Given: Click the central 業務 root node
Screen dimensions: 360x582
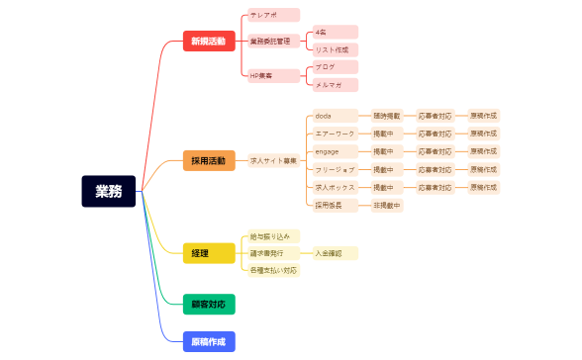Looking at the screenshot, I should coord(108,191).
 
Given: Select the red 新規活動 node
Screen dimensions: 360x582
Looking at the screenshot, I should coord(208,42).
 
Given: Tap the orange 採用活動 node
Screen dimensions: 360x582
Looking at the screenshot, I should coord(208,160).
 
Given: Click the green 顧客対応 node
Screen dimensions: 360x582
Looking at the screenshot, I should coord(208,304).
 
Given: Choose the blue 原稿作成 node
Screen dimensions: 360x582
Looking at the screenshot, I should coord(208,341).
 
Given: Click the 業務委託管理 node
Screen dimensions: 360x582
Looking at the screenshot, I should coord(270,42).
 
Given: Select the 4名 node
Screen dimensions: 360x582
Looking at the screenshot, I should coord(335,33).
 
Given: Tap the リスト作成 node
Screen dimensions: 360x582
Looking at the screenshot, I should coord(335,49).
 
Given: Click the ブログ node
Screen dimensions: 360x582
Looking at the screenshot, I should coord(335,66).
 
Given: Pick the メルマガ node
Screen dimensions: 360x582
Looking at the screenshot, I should coord(335,85).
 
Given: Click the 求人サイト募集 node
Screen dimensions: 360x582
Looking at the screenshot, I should coord(273,160).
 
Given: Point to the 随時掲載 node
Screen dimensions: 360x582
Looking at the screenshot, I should coord(386,116).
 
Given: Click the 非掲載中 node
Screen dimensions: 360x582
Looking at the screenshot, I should coord(386,206).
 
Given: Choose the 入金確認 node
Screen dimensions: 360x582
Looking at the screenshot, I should coord(335,253).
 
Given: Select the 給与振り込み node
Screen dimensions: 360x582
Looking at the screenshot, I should coord(270,236).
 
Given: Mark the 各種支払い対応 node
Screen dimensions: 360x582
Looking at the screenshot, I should coord(272,270).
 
